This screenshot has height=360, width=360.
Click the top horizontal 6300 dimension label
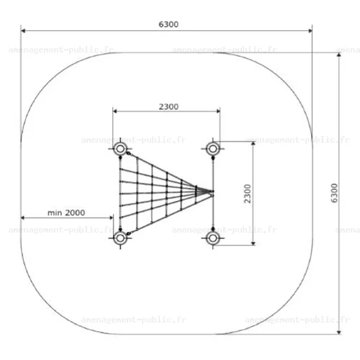[168, 24]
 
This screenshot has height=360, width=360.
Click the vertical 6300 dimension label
[334, 193]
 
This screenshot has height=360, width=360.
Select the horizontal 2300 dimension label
[168, 107]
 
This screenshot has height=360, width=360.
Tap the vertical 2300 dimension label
[247, 194]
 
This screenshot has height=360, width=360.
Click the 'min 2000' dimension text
[66, 212]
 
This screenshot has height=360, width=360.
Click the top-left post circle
[120, 149]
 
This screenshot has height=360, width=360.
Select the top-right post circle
[212, 149]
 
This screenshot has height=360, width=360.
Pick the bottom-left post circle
[120, 238]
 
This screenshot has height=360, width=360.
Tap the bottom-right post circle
[212, 238]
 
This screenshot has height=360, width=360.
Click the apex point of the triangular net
[212, 192]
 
